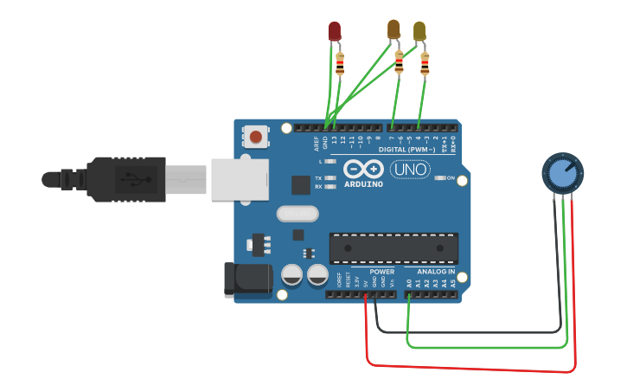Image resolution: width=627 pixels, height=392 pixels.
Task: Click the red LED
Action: coord(335,31)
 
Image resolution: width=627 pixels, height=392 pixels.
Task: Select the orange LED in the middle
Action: coord(393,29)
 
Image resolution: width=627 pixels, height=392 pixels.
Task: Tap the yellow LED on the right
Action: coord(419,31)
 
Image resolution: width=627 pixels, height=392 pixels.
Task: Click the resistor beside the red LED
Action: coord(340,63)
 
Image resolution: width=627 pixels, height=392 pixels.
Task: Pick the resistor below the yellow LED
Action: coord(425,63)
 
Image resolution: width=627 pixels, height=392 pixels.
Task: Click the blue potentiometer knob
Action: coord(562,173)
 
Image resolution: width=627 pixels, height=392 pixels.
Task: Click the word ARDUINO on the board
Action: coord(363,183)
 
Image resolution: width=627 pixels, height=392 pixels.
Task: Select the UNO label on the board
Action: coord(410,170)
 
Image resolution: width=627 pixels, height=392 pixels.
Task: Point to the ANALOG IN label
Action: coord(430,272)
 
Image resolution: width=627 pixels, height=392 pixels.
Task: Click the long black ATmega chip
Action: coord(393,247)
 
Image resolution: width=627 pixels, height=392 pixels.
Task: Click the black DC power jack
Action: coord(247,280)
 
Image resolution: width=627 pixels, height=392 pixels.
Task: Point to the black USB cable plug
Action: coord(130,179)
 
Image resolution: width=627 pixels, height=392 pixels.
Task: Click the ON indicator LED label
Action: coord(450,178)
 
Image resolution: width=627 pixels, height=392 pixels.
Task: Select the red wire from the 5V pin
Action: coord(467,364)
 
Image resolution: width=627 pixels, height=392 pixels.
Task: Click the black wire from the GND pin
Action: coord(467,331)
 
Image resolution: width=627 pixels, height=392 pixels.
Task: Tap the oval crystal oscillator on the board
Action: coord(296,213)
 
